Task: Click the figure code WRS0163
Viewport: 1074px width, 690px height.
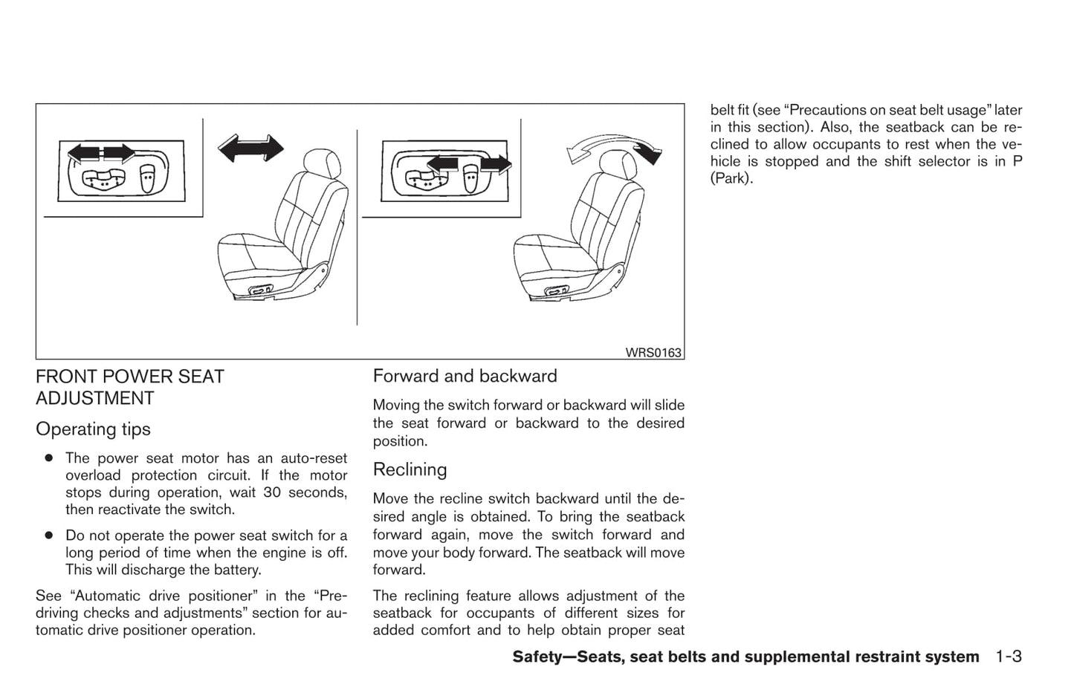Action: pos(653,353)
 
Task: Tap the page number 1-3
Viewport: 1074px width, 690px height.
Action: pos(1009,657)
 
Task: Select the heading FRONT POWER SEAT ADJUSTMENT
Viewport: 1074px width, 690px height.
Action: pos(129,387)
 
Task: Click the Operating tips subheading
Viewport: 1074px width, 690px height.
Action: pos(93,429)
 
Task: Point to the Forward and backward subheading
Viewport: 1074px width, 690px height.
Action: pos(465,376)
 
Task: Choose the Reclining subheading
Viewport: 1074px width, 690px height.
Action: pos(410,469)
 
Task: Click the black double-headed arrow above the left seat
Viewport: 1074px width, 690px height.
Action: pos(250,148)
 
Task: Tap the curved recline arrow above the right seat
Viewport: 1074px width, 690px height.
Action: pos(614,146)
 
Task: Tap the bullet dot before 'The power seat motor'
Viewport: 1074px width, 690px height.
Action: pos(48,458)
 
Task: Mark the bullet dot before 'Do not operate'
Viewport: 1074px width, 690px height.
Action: pos(48,536)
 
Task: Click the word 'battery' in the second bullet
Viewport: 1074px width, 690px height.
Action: pos(237,570)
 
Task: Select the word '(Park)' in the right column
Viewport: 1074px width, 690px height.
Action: pos(731,178)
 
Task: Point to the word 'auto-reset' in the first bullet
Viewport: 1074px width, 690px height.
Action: pos(315,458)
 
